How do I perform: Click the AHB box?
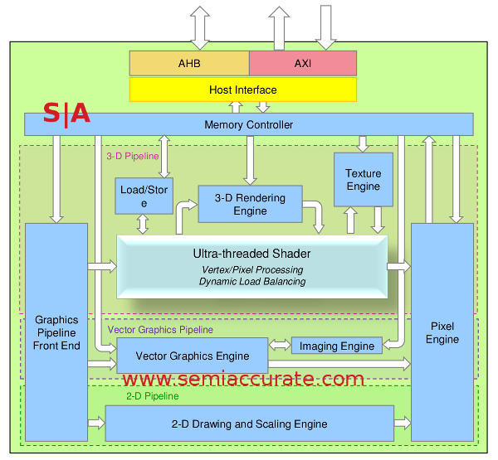pyautogui.click(x=188, y=63)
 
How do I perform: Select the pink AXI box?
pyautogui.click(x=302, y=63)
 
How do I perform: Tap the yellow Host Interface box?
pyautogui.click(x=242, y=90)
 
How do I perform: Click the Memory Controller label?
pyautogui.click(x=248, y=125)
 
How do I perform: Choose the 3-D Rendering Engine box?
pyautogui.click(x=250, y=204)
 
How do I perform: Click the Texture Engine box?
pyautogui.click(x=363, y=180)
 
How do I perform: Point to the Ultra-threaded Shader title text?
pyautogui.click(x=251, y=253)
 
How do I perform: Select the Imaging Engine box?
pyautogui.click(x=337, y=346)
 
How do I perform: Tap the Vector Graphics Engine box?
pyautogui.click(x=192, y=356)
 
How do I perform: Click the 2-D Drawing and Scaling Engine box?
pyautogui.click(x=249, y=424)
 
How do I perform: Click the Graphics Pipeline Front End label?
pyautogui.click(x=56, y=332)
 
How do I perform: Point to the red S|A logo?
pyautogui.click(x=66, y=114)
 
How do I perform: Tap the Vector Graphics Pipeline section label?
pyautogui.click(x=160, y=329)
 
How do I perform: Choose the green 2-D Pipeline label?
pyautogui.click(x=152, y=396)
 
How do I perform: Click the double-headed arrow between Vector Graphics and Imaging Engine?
pyautogui.click(x=280, y=345)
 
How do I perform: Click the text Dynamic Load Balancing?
pyautogui.click(x=251, y=282)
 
